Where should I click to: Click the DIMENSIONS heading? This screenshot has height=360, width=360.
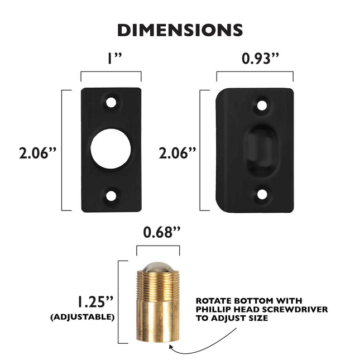coord(180,30)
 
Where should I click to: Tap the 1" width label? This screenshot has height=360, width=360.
coord(111,58)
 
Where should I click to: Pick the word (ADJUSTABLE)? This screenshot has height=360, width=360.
coord(83,316)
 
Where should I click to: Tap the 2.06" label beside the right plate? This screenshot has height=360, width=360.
coord(177,152)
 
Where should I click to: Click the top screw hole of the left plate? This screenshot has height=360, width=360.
coord(112,103)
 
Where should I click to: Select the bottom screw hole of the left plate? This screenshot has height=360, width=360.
coord(112,196)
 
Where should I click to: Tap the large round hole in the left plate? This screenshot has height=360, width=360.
coord(111,150)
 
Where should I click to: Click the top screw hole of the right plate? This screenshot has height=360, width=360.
coord(261,104)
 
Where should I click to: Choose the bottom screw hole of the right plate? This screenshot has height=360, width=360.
coord(261,195)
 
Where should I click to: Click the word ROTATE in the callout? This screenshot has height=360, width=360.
coord(213,300)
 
